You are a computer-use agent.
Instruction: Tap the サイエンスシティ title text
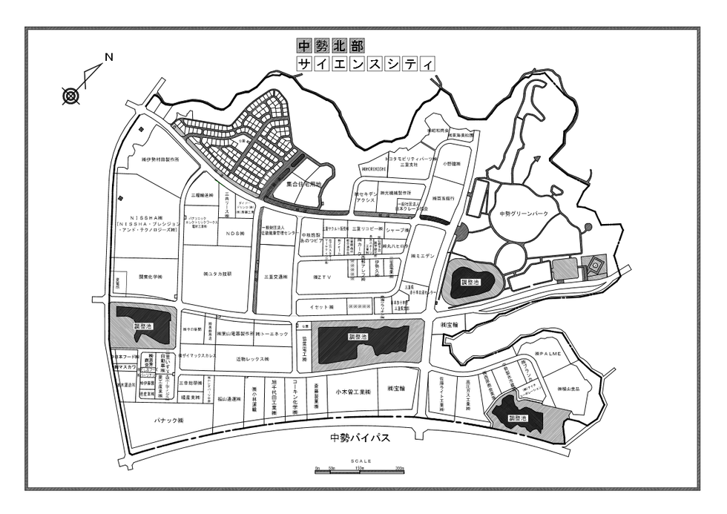pyautogui.click(x=365, y=64)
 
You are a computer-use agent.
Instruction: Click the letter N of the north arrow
pyautogui.click(x=108, y=57)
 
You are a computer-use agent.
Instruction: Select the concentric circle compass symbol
pyautogui.click(x=70, y=95)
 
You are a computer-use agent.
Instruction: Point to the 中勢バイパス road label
pyautogui.click(x=360, y=438)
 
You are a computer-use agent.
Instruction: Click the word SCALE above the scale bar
pyautogui.click(x=363, y=461)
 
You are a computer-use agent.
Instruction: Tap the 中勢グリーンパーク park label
pyautogui.click(x=523, y=214)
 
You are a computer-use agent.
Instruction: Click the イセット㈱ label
pyautogui.click(x=323, y=306)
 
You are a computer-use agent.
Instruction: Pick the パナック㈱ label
pyautogui.click(x=168, y=420)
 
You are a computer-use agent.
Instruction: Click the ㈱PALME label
pyautogui.click(x=550, y=355)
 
